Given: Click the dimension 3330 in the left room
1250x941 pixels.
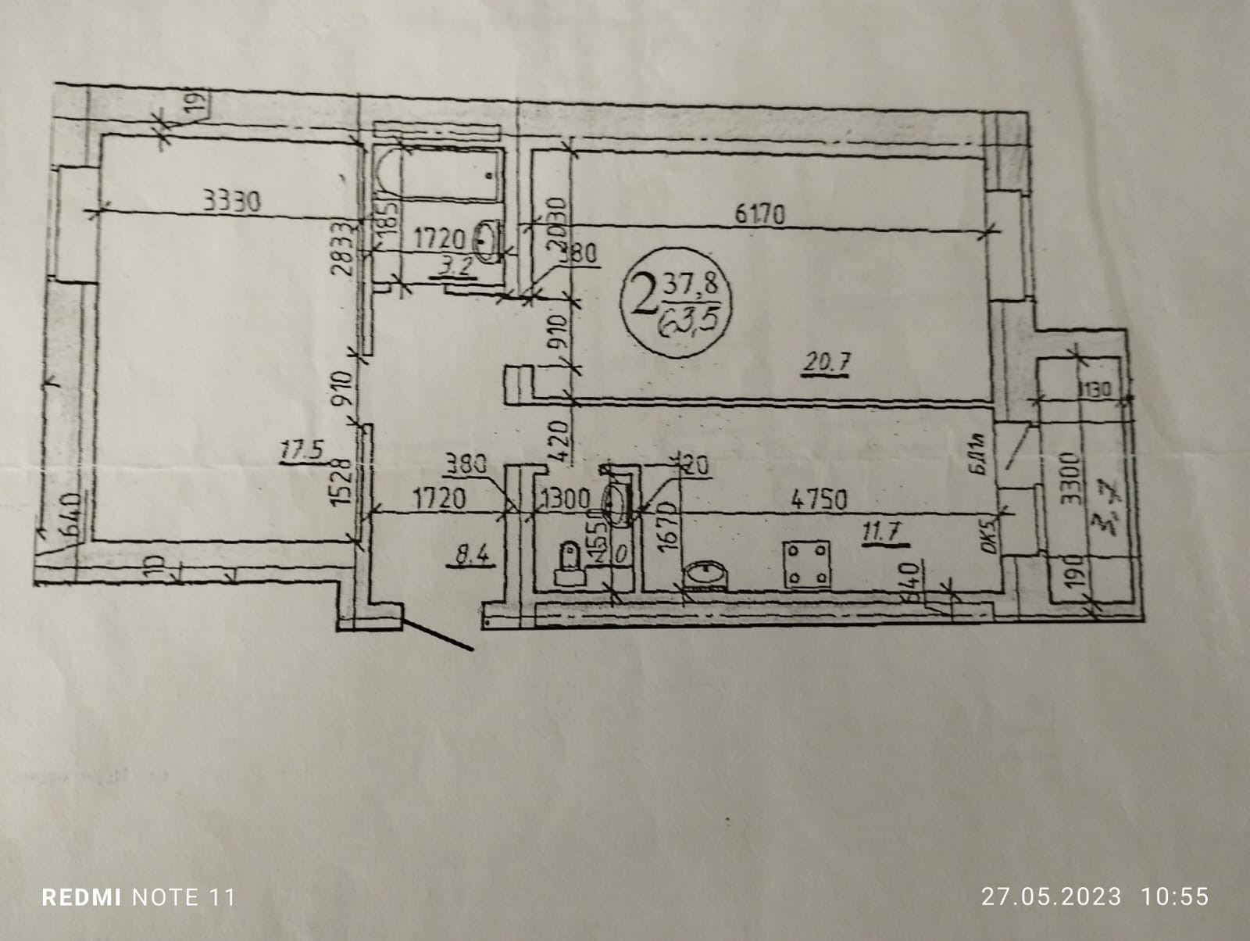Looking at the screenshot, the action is (230, 202).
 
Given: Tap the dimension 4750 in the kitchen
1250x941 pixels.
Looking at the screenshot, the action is (818, 499).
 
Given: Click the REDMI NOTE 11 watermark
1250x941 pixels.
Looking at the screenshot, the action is (138, 896).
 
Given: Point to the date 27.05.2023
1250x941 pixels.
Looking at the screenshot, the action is (1051, 896).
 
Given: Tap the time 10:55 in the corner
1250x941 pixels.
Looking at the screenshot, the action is (1175, 896).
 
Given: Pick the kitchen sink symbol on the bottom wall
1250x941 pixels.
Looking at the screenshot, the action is (705, 574).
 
